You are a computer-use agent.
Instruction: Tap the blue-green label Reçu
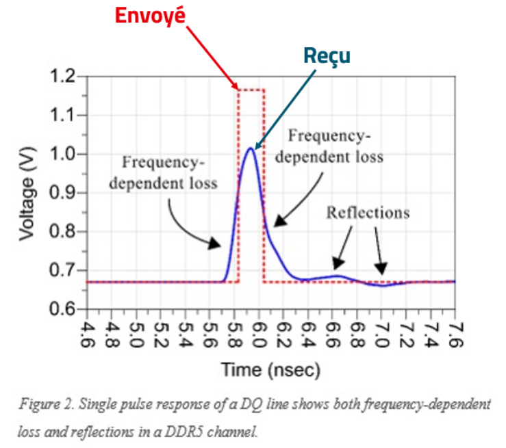[x=327, y=56]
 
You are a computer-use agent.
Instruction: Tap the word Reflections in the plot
[x=368, y=213]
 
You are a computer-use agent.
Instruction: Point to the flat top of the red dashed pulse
[x=251, y=90]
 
